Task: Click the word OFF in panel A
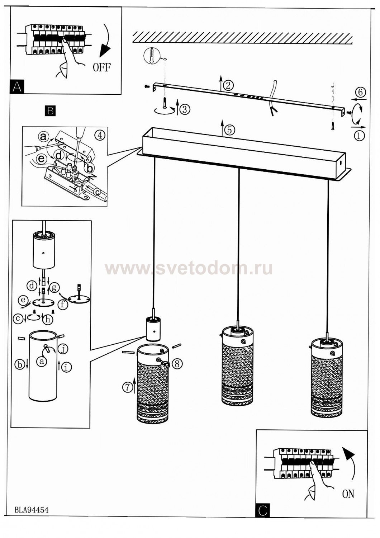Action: (x=102, y=67)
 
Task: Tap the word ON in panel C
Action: (x=348, y=494)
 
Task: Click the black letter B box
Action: (x=50, y=110)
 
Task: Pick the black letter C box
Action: (x=263, y=511)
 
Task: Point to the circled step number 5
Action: (x=229, y=130)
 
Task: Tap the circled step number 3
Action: (x=184, y=109)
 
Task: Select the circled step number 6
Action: (x=360, y=92)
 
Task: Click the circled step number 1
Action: (x=359, y=135)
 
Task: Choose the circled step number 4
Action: (x=100, y=135)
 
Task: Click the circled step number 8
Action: (x=176, y=364)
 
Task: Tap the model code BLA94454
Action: (x=32, y=510)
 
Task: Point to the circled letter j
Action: (x=63, y=348)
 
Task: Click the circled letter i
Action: (x=66, y=367)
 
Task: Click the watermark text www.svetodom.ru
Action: (x=189, y=268)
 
